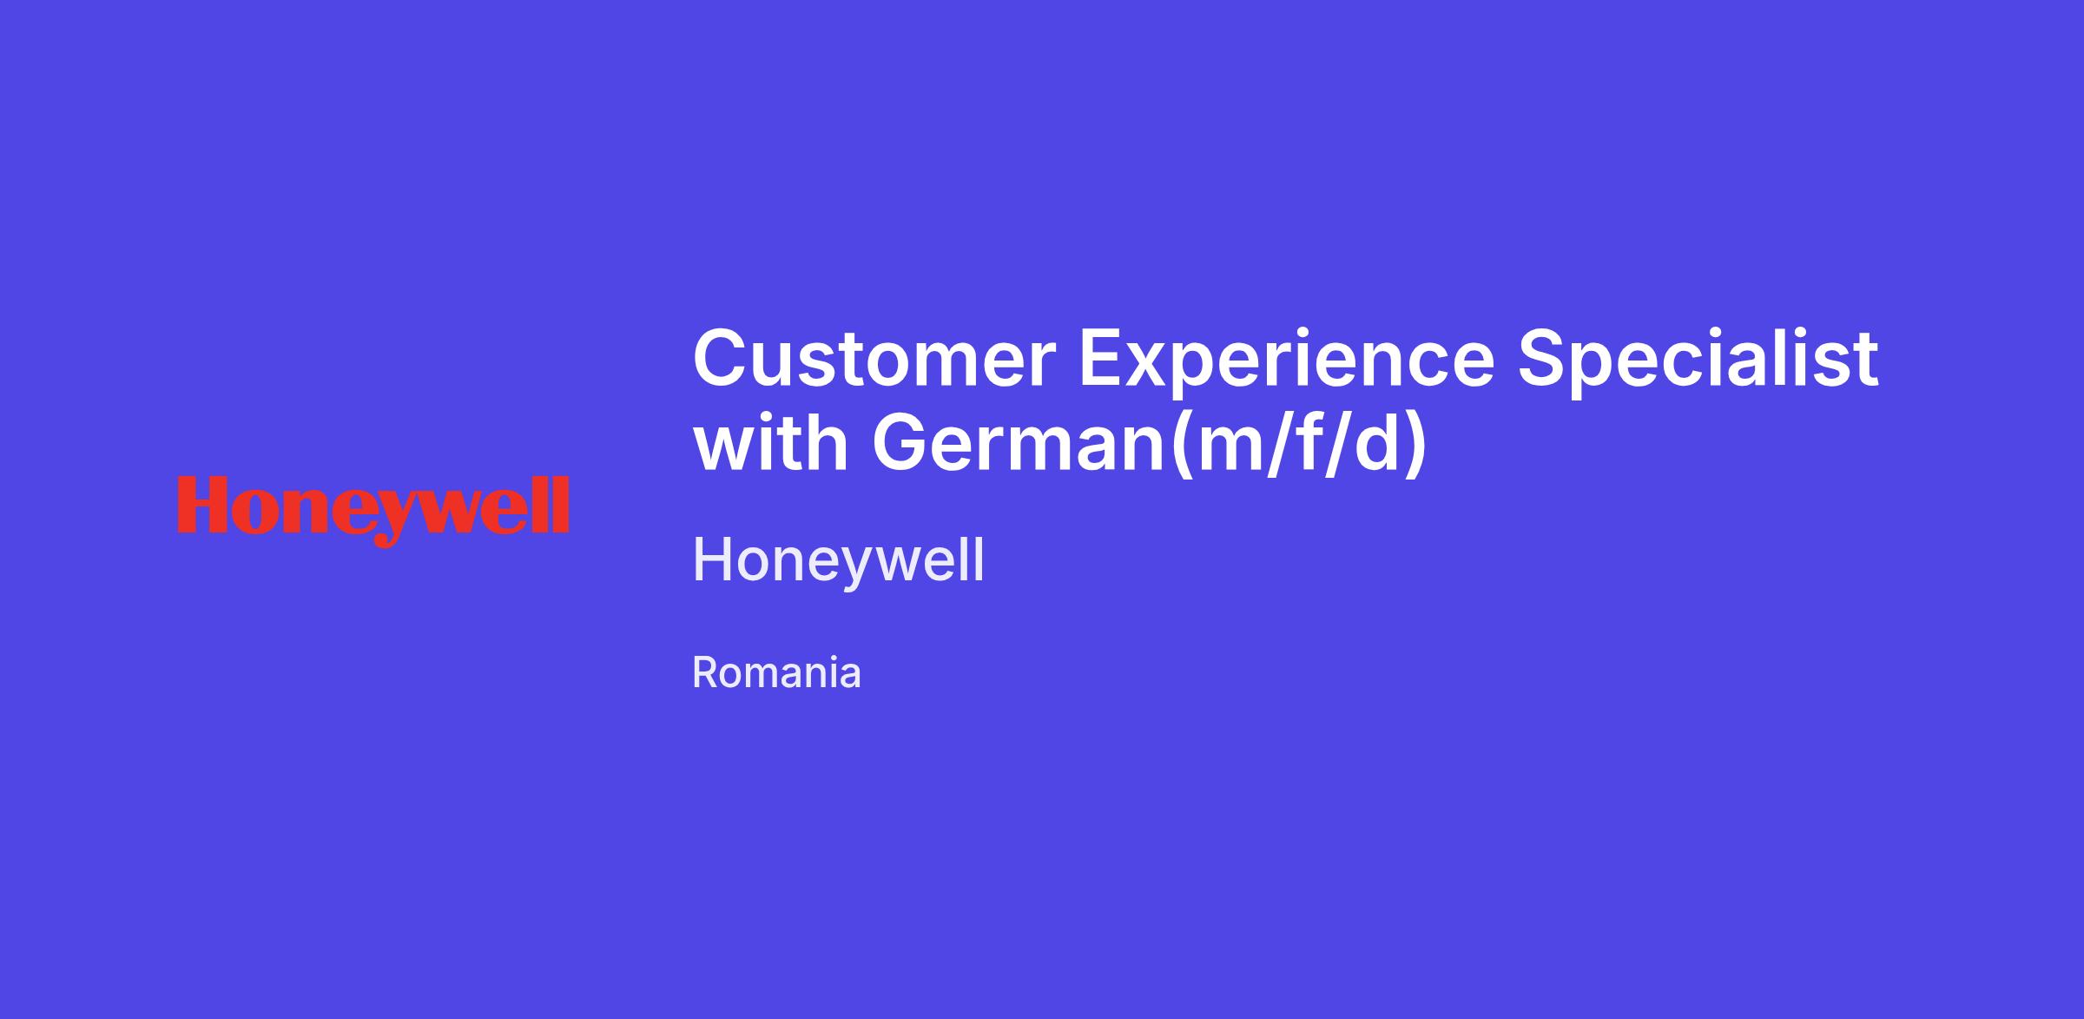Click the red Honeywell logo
(x=373, y=510)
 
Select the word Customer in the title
(x=874, y=359)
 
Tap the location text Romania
(x=776, y=672)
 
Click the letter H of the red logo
(x=207, y=504)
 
